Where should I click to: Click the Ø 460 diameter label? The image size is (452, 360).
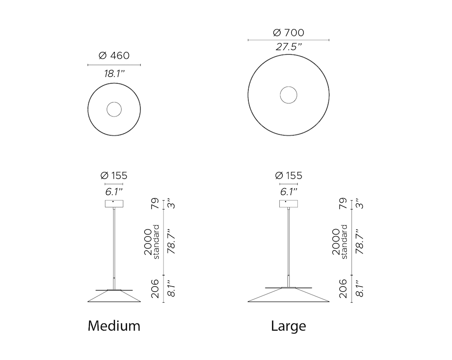pos(114,55)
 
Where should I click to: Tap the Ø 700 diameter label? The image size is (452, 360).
pos(288,33)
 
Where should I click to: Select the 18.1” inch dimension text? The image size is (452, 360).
pos(114,74)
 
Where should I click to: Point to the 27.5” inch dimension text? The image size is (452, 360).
pos(288,47)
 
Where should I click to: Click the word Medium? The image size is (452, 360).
pos(114,326)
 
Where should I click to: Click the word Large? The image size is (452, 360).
pos(288,326)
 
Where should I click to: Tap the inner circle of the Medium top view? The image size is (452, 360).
pos(114,102)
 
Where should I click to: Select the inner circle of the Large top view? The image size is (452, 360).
pos(288,87)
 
